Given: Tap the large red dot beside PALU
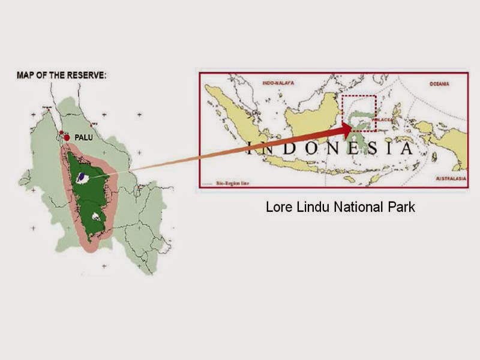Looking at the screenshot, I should [67, 137].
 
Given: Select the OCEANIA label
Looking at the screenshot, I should [439, 85].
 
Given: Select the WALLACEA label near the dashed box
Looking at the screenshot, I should [383, 120].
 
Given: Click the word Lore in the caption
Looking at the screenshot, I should [278, 208].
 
